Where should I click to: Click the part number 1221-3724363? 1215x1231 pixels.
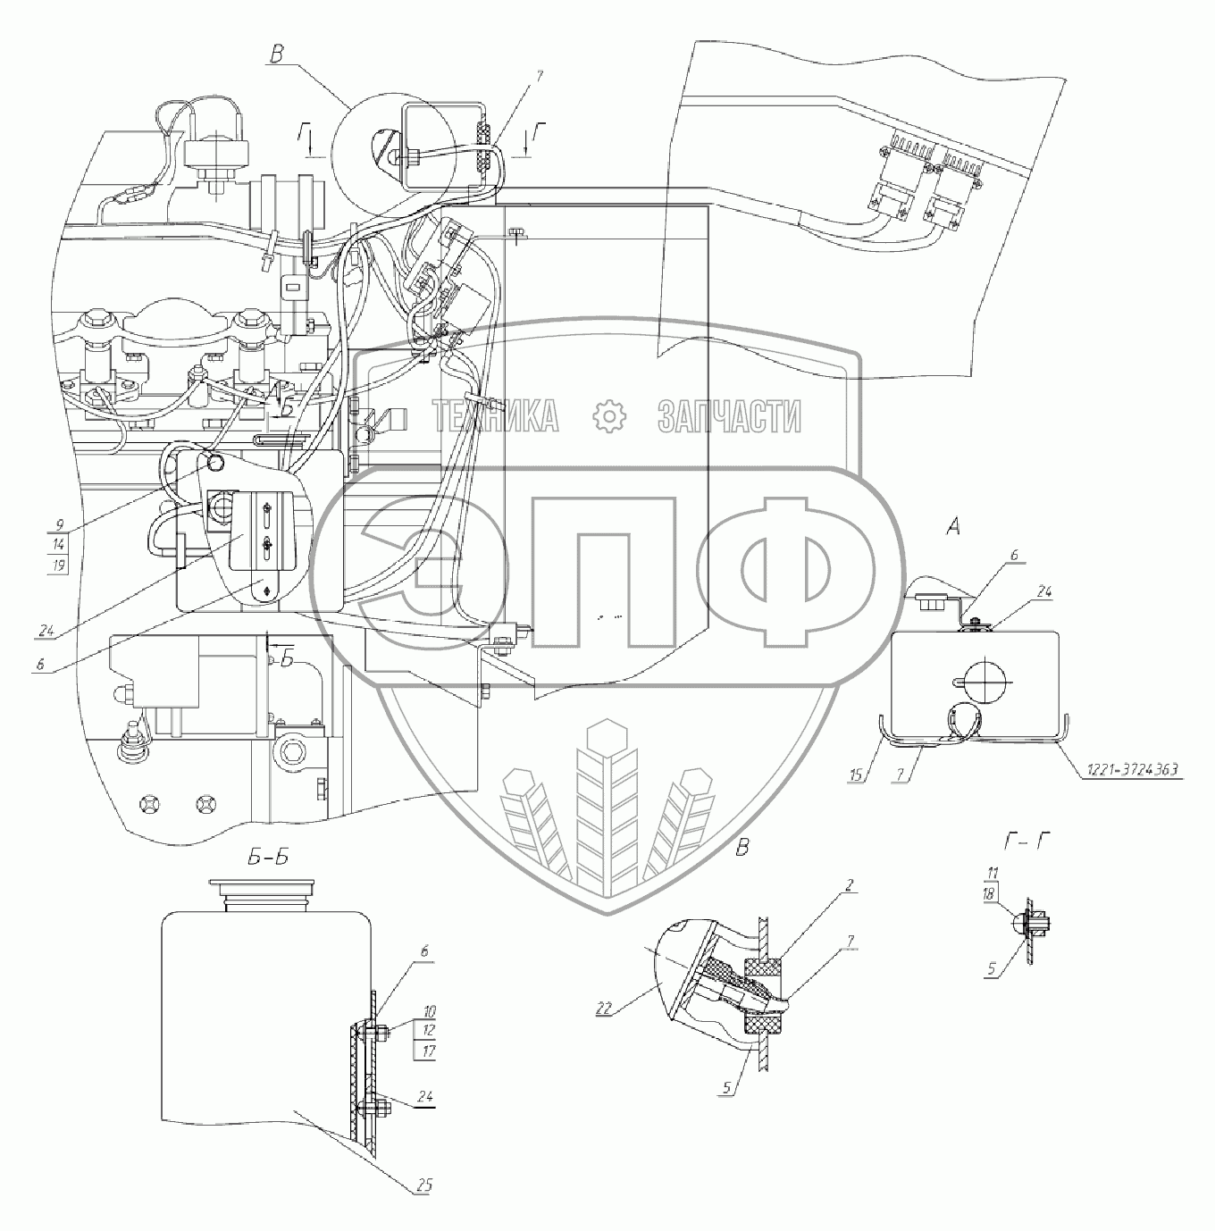click(x=1131, y=770)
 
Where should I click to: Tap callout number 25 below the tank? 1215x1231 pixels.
click(x=424, y=1185)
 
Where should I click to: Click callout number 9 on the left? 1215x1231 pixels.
click(x=60, y=525)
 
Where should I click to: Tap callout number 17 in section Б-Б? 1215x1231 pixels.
click(x=429, y=1051)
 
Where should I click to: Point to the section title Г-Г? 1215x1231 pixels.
click(x=1023, y=843)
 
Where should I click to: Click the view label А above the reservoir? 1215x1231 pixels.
click(x=953, y=527)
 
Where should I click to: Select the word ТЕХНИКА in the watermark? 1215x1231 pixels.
click(x=495, y=416)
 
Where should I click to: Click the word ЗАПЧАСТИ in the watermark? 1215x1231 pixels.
click(x=730, y=416)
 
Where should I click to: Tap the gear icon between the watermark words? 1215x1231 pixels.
click(x=609, y=416)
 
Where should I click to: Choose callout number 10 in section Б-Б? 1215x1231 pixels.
click(x=429, y=1012)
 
